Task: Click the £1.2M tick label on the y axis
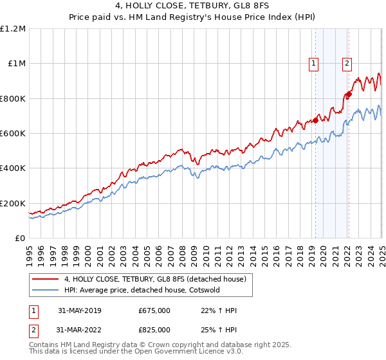13,29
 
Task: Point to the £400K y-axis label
13,168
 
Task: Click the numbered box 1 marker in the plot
313,63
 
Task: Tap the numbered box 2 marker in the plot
347,63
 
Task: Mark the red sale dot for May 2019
316,120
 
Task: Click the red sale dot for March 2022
349,94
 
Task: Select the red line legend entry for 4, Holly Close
154,279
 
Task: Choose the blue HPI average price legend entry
142,290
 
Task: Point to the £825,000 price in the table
154,330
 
